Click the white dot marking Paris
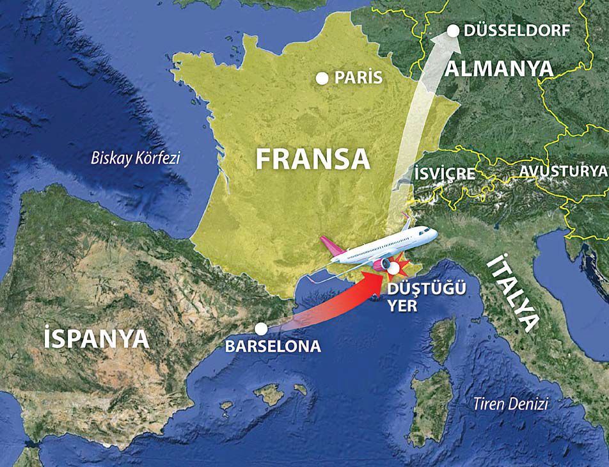coord(322,79)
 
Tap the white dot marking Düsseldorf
coord(453,30)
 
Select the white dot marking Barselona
coord(260,329)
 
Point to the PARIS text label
coord(359,78)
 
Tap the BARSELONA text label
coord(273,347)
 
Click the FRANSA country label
coord(313,159)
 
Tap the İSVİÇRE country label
coord(445,173)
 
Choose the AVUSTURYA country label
coord(562,171)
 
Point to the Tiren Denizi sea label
coord(510,404)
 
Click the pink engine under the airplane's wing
coord(383,264)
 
